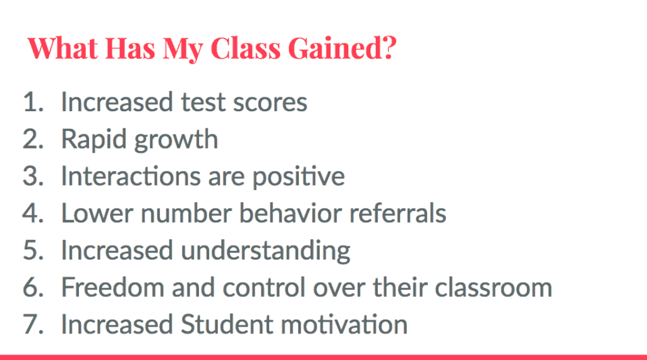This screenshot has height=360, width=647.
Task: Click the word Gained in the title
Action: tap(342, 48)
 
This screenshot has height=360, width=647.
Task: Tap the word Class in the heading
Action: tap(246, 48)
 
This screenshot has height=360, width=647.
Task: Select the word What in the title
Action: tap(63, 48)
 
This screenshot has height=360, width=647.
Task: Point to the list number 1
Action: tap(33, 102)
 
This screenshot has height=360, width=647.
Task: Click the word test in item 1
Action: tap(203, 102)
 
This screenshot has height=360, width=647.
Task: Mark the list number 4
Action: tap(33, 213)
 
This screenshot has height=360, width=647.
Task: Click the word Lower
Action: tap(97, 213)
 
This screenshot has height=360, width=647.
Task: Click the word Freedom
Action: tap(112, 287)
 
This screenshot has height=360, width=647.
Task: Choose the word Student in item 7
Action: tap(227, 324)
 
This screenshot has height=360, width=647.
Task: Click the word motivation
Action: tap(344, 325)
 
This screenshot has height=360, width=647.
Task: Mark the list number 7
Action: tap(33, 325)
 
